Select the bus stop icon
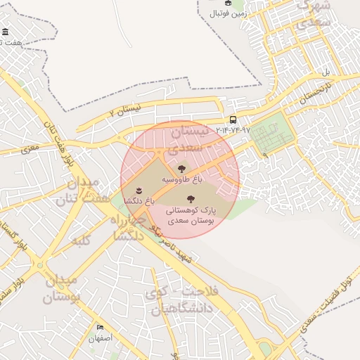[233, 120]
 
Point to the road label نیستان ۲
[126, 109]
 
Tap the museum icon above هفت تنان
[6, 33]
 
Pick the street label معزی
[30, 148]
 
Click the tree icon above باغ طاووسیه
[182, 169]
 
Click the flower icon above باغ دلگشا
[139, 191]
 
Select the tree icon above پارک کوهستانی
[191, 199]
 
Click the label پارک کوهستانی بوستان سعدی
[191, 215]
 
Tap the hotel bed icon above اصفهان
[100, 328]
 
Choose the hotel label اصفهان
[100, 338]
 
